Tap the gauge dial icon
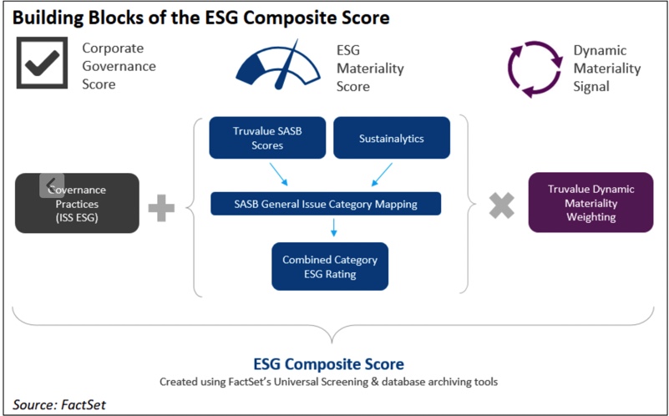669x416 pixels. (278, 65)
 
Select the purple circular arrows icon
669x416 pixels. (535, 68)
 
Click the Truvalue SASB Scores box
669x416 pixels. (267, 138)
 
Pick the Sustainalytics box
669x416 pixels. (391, 138)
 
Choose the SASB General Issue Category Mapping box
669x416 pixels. (326, 204)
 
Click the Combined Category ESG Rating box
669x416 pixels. (330, 266)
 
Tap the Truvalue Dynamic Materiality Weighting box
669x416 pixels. (591, 203)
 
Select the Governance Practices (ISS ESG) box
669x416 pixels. (77, 203)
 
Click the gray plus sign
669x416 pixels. (161, 208)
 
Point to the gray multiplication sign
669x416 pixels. (501, 205)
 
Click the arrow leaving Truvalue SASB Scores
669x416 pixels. (279, 175)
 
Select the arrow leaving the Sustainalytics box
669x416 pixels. (382, 175)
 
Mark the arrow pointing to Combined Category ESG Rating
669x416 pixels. (333, 227)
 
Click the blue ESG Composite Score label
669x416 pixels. (328, 364)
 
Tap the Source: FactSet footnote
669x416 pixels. (58, 404)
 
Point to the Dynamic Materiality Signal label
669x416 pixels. (607, 68)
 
